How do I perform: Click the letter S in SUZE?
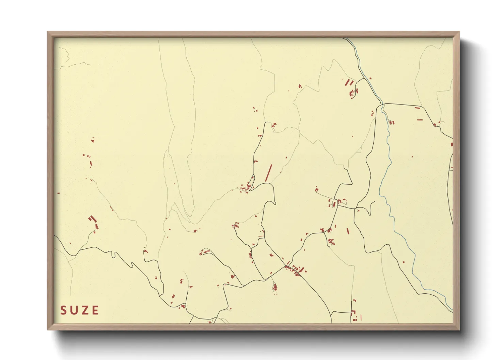pos(64,310)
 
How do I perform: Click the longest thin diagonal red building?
pos(269,173)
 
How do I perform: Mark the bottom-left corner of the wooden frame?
pos(48,329)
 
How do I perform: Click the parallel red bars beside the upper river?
pos(349,83)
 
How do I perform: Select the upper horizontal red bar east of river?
pos(418,108)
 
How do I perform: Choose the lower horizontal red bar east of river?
pos(420,120)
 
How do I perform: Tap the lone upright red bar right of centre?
pos(348,231)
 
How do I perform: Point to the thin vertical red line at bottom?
pos(361,317)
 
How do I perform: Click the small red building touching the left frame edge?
pos(59,193)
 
